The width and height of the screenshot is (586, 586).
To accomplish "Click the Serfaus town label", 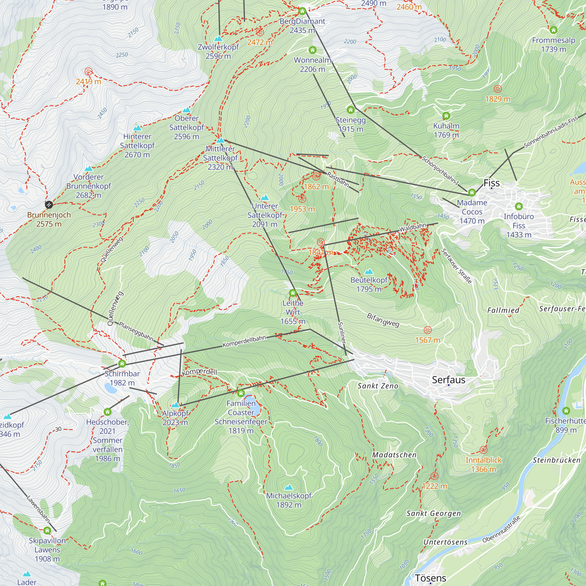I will [x=448, y=380].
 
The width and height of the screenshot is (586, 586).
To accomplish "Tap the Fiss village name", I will [x=491, y=183].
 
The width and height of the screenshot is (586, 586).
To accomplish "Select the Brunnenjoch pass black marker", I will [x=49, y=205].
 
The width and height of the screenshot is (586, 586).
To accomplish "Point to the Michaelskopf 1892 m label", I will [x=289, y=500].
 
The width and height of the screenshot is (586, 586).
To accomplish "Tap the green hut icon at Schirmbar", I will [x=122, y=363].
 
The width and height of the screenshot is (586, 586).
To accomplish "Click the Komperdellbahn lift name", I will [x=244, y=342].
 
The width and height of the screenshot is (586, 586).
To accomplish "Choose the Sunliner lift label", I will [x=342, y=333].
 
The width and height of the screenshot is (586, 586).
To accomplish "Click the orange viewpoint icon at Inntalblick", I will [x=483, y=450].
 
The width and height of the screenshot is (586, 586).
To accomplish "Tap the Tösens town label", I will [x=430, y=578].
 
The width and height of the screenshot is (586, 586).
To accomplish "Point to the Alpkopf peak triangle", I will [x=175, y=405].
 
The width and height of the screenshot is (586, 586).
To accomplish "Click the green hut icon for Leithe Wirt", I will [x=293, y=293].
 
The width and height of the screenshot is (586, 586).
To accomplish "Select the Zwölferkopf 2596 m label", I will [x=218, y=52].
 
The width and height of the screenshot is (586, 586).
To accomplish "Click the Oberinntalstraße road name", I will [x=501, y=529].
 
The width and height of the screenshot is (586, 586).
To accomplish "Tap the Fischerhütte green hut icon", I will [x=566, y=411].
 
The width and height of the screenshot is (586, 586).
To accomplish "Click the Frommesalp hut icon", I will [x=553, y=30].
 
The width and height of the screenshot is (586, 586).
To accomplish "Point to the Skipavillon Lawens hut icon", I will [x=47, y=531].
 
